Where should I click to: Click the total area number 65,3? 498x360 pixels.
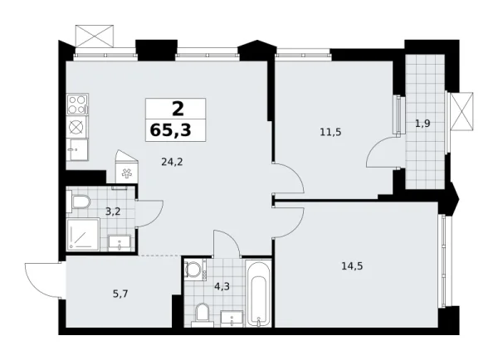(176, 130)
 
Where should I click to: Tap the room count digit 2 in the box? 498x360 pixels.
(176, 108)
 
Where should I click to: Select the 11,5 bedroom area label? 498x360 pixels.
(331, 131)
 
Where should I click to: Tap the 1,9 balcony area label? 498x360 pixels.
(422, 124)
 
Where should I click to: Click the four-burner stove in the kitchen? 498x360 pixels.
(77, 105)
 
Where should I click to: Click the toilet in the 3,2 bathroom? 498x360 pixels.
(81, 202)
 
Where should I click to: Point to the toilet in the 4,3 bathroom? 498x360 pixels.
(200, 314)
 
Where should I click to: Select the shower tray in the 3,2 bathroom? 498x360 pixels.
(83, 235)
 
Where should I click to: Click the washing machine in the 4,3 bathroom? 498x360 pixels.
(194, 270)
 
